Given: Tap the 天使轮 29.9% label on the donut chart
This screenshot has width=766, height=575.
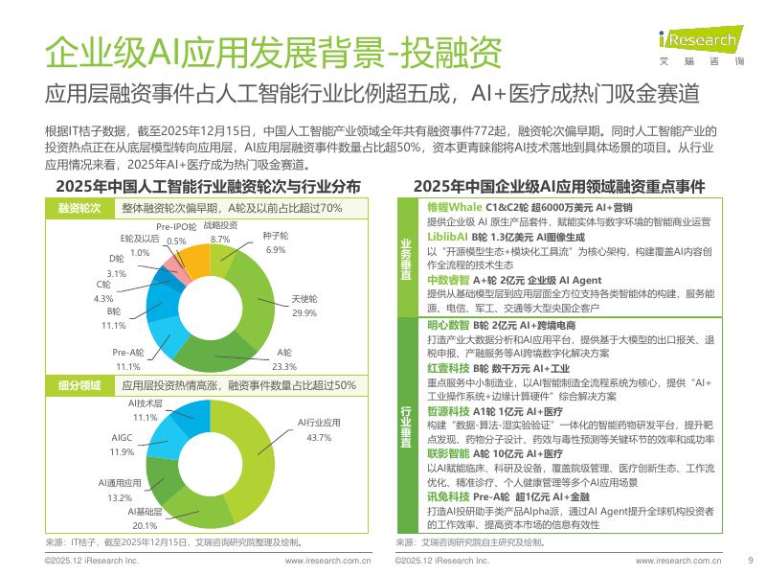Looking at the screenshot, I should pos(304,307).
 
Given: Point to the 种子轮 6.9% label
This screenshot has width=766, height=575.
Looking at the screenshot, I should pos(276,244).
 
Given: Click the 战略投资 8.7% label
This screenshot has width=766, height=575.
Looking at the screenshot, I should pos(220,232).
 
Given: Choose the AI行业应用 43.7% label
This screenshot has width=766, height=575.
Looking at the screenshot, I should pos(319,430).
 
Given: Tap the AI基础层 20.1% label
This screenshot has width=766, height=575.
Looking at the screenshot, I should pos(145,519).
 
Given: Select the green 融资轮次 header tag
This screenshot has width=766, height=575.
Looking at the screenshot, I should pos(81,208).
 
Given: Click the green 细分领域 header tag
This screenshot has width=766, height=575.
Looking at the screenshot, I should pos(81,385).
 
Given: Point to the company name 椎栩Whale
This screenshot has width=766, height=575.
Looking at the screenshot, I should pos(453,207).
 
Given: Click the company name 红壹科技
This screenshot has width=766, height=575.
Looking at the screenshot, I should pos(446,368).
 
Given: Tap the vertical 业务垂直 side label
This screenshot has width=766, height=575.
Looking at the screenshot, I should pos(406,259).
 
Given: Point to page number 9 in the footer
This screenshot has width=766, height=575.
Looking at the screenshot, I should pos(750,562).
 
